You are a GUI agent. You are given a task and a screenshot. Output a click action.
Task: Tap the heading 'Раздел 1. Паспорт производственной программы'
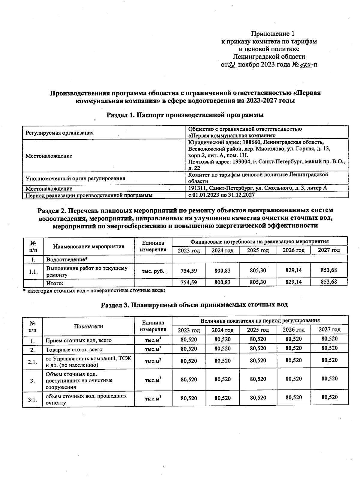point(185,115)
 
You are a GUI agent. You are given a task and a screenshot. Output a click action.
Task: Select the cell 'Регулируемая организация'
point(59,133)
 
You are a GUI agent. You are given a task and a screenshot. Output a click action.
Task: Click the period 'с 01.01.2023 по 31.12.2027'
point(221,195)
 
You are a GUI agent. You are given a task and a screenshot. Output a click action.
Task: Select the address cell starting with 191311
point(257,188)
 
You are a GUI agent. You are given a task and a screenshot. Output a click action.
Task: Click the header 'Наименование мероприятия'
point(89,246)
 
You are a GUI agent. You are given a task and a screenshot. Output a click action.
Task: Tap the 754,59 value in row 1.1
point(189,270)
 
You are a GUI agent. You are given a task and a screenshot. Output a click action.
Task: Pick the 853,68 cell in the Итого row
point(329,282)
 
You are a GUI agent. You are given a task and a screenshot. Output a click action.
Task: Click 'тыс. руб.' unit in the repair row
point(153,271)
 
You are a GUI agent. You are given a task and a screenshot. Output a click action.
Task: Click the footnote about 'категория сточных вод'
point(94,291)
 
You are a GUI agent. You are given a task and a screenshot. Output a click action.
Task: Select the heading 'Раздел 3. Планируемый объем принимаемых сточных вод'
point(194,305)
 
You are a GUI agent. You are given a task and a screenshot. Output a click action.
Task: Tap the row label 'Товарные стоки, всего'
point(74,350)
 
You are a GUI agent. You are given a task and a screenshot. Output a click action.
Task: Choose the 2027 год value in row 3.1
point(329,398)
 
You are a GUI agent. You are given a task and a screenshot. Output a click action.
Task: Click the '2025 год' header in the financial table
point(258,250)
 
